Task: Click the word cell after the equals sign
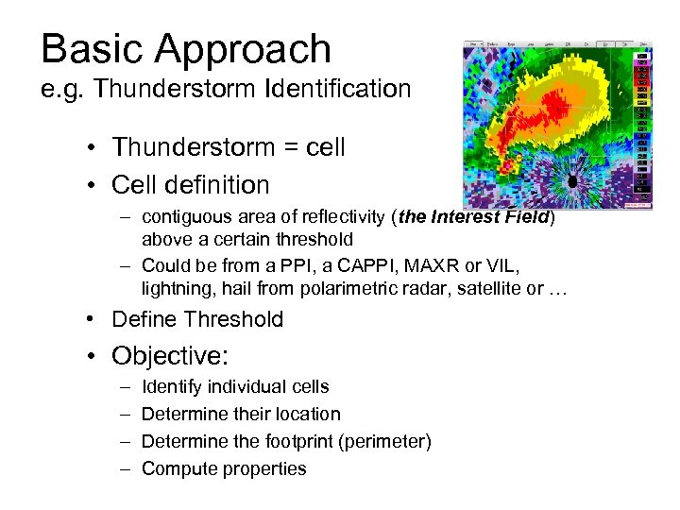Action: pyautogui.click(x=321, y=147)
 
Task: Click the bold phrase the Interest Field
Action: pyautogui.click(x=475, y=216)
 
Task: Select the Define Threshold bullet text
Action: pyautogui.click(x=197, y=319)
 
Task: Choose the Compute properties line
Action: pyautogui.click(x=224, y=468)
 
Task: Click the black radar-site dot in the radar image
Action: pyautogui.click(x=571, y=181)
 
